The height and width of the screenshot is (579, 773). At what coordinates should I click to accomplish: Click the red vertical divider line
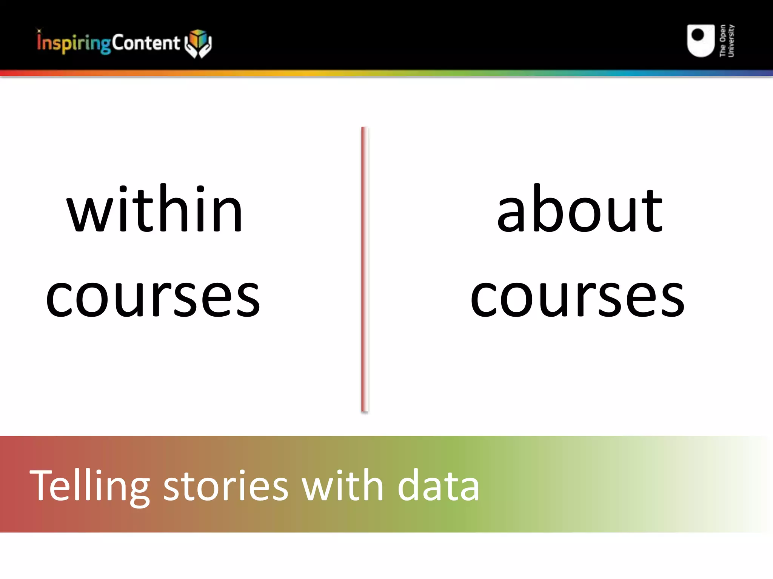364,270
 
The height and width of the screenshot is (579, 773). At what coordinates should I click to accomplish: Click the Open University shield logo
701,41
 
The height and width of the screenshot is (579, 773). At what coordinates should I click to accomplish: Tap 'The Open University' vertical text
727,41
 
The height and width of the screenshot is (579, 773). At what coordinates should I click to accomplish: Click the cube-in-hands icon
199,43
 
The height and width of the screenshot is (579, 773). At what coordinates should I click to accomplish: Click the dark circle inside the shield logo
698,35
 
